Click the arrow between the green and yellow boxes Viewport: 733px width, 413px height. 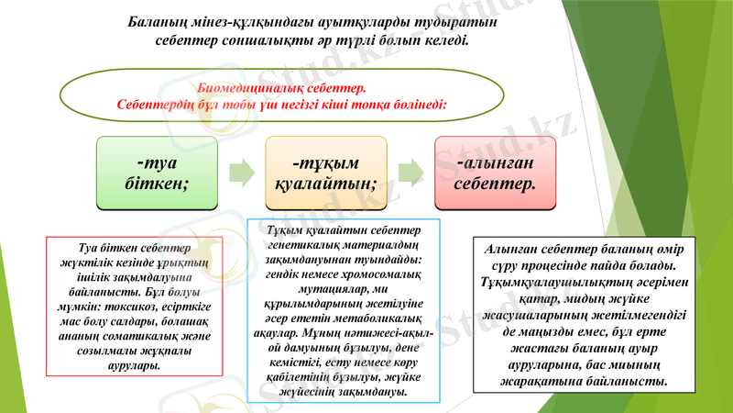click(240, 171)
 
